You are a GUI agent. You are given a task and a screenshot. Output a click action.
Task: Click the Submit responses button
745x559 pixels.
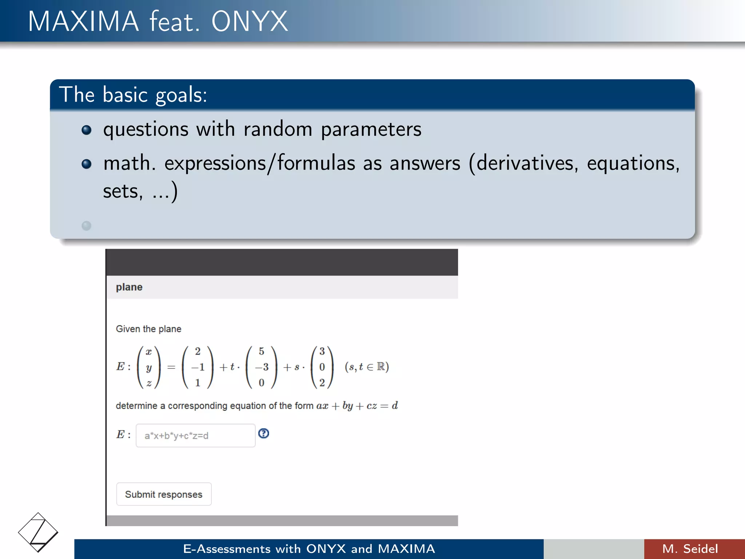click(164, 494)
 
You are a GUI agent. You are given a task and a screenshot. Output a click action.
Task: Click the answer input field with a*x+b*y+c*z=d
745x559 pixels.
click(195, 436)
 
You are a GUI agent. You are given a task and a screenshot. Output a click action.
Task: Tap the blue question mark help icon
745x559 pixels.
click(264, 433)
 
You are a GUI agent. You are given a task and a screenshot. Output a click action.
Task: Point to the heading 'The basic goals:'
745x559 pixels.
click(133, 95)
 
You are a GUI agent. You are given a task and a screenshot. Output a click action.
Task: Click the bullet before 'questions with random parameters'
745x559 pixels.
click(86, 130)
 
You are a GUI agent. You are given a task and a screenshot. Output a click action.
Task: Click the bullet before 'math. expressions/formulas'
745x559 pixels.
click(86, 164)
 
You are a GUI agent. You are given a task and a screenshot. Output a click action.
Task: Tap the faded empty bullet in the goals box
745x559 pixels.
click(86, 226)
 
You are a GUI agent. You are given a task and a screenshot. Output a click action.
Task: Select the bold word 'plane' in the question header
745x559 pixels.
click(129, 287)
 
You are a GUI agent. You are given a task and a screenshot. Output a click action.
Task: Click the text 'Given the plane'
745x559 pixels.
click(148, 329)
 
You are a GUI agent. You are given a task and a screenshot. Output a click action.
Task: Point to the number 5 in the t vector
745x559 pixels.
click(261, 352)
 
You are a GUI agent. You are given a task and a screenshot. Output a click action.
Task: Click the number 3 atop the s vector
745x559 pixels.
click(322, 352)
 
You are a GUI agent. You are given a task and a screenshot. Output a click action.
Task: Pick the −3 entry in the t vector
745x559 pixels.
click(262, 367)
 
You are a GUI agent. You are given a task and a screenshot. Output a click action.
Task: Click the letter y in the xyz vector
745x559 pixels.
click(148, 368)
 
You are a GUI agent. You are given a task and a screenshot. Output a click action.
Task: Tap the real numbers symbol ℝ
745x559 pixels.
click(381, 366)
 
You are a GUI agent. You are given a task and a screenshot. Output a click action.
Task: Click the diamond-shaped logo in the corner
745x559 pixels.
click(38, 532)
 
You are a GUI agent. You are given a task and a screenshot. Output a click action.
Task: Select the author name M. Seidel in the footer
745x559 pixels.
click(690, 549)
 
